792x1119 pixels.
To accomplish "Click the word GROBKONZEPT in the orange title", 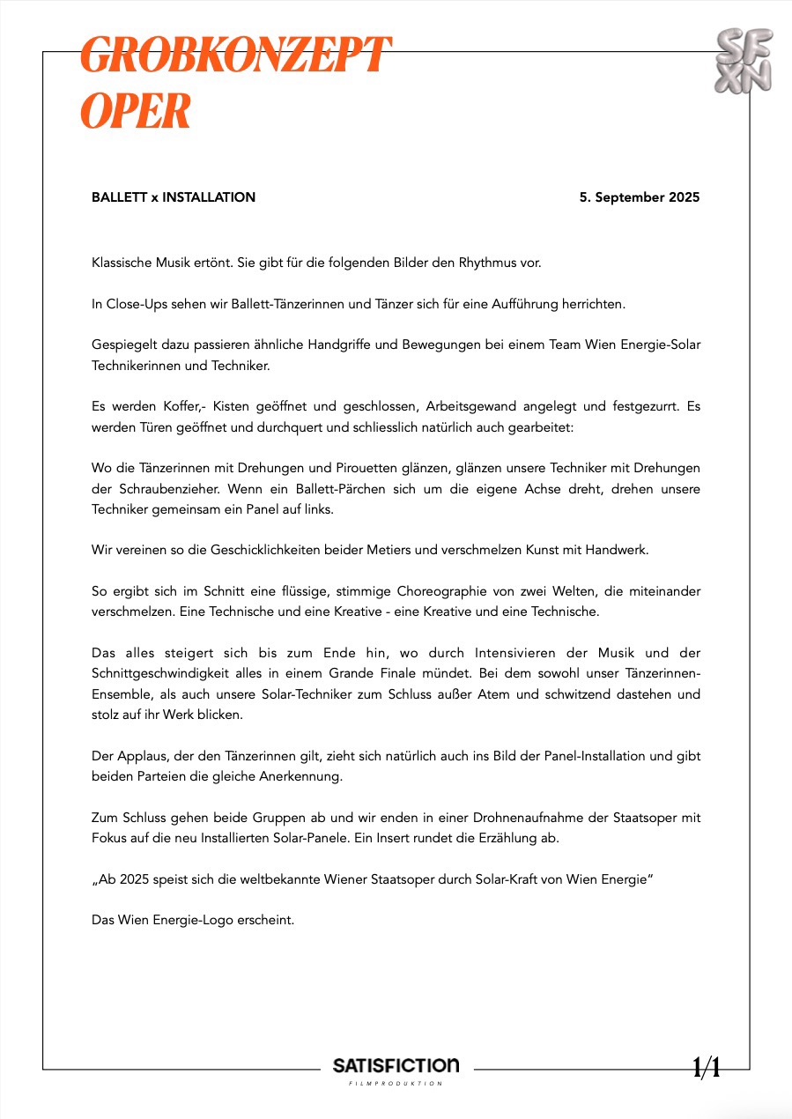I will [235, 56].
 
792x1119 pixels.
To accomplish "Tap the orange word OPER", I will [136, 111].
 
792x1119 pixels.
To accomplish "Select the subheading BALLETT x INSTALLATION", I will [174, 197].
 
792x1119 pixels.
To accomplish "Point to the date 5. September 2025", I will [640, 197].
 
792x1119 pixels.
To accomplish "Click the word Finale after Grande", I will [403, 673].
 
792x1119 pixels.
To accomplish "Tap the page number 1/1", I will [707, 1069].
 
